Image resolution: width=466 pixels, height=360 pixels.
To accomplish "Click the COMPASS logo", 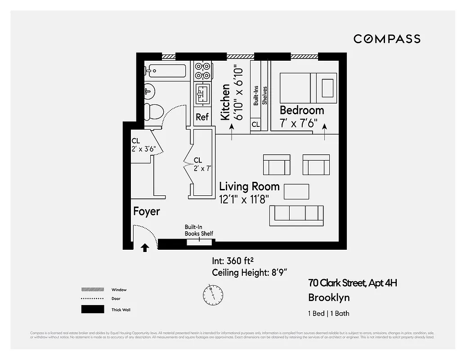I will click(x=387, y=39).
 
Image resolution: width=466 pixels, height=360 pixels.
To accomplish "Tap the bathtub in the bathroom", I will click(x=165, y=71).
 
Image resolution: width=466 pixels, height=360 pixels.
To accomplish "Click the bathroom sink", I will click(x=149, y=91).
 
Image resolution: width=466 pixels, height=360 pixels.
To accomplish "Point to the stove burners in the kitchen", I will click(x=202, y=71).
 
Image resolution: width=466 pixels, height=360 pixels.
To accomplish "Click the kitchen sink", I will click(x=202, y=94).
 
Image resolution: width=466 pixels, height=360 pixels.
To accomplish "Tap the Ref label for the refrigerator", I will click(x=202, y=117).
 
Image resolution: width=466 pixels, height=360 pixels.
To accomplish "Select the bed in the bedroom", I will click(x=308, y=88).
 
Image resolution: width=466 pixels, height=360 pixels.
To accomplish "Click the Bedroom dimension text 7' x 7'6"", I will click(x=299, y=123).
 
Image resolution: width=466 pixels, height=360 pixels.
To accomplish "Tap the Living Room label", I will click(x=249, y=186).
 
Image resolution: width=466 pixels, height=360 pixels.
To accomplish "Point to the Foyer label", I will click(x=147, y=211).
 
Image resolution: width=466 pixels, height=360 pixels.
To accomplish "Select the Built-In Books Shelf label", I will click(x=199, y=230).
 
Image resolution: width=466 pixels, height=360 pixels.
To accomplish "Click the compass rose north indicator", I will click(x=213, y=294).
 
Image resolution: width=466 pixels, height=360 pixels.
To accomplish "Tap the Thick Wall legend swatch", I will click(x=92, y=310).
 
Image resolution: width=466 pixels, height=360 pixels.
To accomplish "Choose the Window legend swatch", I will click(x=92, y=290).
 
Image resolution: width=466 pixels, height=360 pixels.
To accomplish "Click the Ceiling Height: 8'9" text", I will click(x=250, y=272).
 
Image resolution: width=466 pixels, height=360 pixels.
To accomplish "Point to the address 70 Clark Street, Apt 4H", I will click(x=353, y=283).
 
